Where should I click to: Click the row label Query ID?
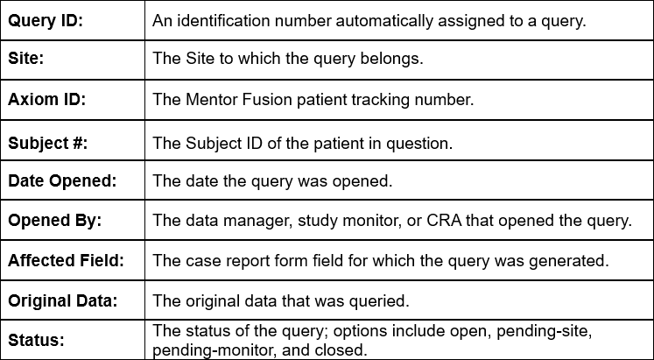pyautogui.click(x=46, y=20)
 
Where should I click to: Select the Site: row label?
pyautogui.click(x=26, y=58)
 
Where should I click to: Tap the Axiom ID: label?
pyautogui.click(x=46, y=99)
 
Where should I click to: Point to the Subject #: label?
pyautogui.click(x=48, y=143)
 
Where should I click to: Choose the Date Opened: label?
pyautogui.click(x=62, y=180)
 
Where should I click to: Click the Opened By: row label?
pyautogui.click(x=54, y=220)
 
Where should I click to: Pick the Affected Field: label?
pyautogui.click(x=66, y=260)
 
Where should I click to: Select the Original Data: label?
pyautogui.click(x=62, y=300)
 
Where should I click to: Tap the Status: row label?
pyautogui.click(x=36, y=340)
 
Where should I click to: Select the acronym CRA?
pyautogui.click(x=444, y=220)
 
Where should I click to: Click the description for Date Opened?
pyautogui.click(x=272, y=180)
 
